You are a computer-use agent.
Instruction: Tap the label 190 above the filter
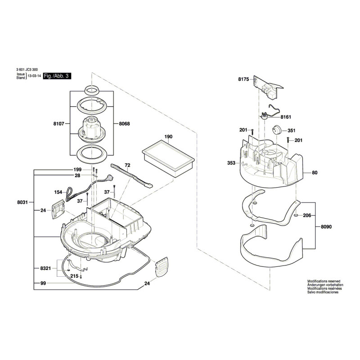click(168, 136)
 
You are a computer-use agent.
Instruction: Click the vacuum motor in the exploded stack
click(92, 127)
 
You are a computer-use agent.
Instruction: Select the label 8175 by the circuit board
click(243, 80)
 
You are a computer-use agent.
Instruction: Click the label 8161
click(286, 117)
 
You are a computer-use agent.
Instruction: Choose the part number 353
click(232, 163)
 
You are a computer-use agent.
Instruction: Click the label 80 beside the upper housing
click(315, 172)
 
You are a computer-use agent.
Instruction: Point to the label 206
click(307, 216)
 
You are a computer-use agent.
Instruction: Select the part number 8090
click(326, 227)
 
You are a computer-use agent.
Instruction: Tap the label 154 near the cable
click(58, 192)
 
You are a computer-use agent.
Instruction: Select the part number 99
click(43, 283)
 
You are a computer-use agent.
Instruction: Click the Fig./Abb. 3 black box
click(57, 77)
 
